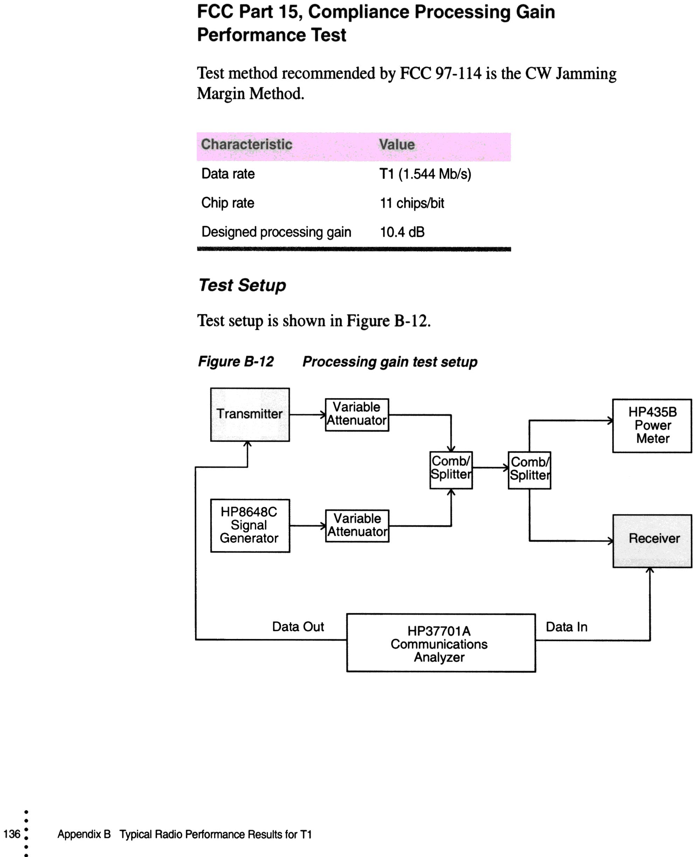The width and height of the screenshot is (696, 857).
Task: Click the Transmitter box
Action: [x=250, y=414]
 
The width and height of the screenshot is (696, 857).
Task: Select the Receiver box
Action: [x=652, y=541]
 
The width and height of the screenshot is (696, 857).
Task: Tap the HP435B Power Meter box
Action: [x=652, y=425]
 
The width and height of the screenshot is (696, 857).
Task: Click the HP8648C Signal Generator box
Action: [x=250, y=525]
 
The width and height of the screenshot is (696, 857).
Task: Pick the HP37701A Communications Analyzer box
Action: [x=441, y=643]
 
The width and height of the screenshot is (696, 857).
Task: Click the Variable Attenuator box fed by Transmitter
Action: [x=357, y=414]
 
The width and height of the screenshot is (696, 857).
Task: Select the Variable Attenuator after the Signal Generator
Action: [x=357, y=525]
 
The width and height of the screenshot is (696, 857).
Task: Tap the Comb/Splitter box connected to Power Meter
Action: [x=529, y=470]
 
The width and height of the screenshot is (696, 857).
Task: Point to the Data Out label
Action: [x=298, y=627]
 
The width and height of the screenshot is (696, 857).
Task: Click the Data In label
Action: [x=566, y=627]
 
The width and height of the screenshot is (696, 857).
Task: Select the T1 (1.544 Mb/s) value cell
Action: [x=425, y=174]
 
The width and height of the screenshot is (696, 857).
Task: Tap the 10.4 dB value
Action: [x=402, y=232]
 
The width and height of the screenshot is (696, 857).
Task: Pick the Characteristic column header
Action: [x=246, y=144]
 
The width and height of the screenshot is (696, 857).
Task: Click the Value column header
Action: [x=397, y=145]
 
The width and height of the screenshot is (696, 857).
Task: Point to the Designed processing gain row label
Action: [x=276, y=232]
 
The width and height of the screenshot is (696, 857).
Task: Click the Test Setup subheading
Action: [x=242, y=285]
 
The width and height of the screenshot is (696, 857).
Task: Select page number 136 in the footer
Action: [x=12, y=834]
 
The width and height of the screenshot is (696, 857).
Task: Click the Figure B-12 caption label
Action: [x=236, y=362]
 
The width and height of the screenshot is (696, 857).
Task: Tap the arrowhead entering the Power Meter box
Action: [x=610, y=420]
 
